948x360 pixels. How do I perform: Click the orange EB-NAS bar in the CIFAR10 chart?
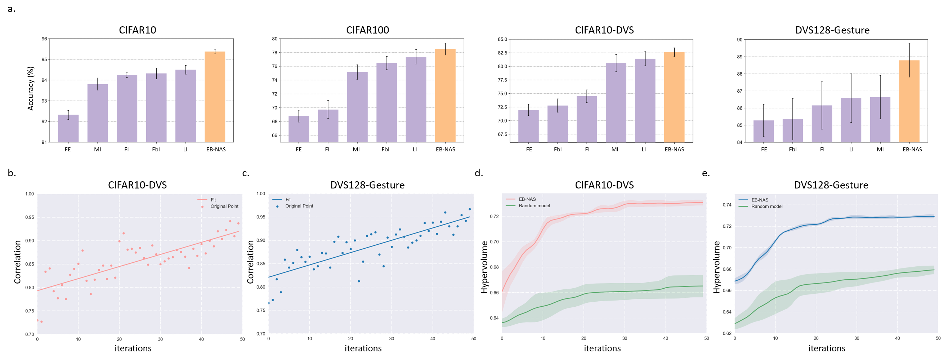tap(215, 97)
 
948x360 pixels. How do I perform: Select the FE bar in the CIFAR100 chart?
tap(299, 129)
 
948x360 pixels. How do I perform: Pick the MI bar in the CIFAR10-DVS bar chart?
tap(616, 103)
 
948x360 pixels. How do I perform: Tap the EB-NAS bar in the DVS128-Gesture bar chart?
tap(909, 101)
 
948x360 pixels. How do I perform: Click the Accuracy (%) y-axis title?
tap(31, 88)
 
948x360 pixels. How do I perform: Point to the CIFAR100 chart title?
tap(367, 30)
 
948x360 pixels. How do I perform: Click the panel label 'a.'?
tap(12, 8)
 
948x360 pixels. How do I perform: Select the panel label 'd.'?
tap(478, 173)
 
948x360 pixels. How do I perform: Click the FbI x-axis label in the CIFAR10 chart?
tap(156, 150)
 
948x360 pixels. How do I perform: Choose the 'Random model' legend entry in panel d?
tap(534, 206)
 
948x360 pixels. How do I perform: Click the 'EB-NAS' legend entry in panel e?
tap(760, 200)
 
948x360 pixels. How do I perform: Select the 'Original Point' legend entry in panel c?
tap(299, 206)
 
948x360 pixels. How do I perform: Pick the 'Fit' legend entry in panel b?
tap(213, 200)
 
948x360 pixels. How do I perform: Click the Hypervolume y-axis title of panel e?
tap(716, 267)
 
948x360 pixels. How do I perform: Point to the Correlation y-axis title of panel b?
tap(17, 262)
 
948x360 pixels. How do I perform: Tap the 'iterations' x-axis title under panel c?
tap(363, 348)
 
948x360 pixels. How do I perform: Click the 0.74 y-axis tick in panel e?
tap(727, 205)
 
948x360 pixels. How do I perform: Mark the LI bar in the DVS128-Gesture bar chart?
tap(851, 120)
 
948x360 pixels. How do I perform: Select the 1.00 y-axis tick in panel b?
tap(30, 194)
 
